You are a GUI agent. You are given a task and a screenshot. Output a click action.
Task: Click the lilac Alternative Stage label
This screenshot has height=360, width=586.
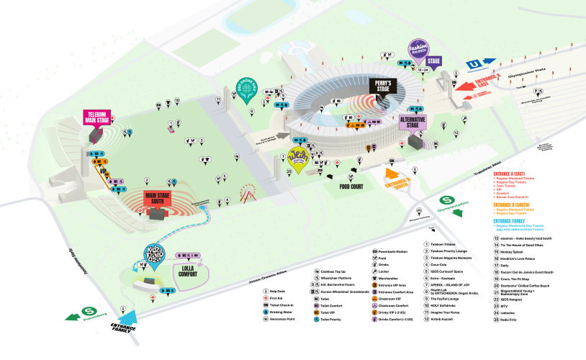pos(413,122)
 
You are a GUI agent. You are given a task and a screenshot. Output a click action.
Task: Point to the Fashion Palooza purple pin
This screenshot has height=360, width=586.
pos(417,48)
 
